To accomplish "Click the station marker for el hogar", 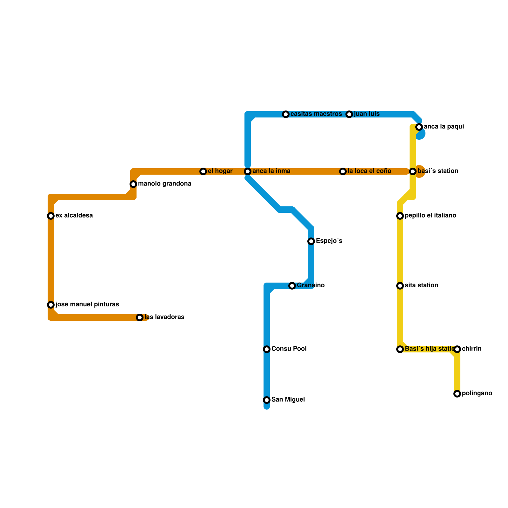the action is [x=203, y=171].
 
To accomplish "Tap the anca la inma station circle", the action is [x=248, y=171].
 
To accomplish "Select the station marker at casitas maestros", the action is [x=286, y=114].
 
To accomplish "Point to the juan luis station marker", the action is [x=349, y=114].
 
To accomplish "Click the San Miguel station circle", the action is [x=267, y=400].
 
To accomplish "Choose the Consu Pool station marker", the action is [x=267, y=349].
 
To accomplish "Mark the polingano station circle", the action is [x=457, y=394].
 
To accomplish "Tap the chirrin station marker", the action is [x=457, y=349].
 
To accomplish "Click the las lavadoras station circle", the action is [x=140, y=317].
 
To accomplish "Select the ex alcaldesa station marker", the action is [x=51, y=216].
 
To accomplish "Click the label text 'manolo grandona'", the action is [x=164, y=184].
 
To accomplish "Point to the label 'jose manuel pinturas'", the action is [x=87, y=304].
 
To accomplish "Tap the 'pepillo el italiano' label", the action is [x=430, y=216].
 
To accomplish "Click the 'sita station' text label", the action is [x=421, y=285].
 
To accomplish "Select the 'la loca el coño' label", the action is [x=369, y=171].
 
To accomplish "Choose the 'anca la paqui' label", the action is [x=444, y=127].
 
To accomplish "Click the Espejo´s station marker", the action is [x=311, y=241].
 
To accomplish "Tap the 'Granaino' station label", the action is [x=311, y=285].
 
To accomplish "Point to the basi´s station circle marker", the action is [x=413, y=171].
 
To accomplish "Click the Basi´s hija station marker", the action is [x=400, y=349].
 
